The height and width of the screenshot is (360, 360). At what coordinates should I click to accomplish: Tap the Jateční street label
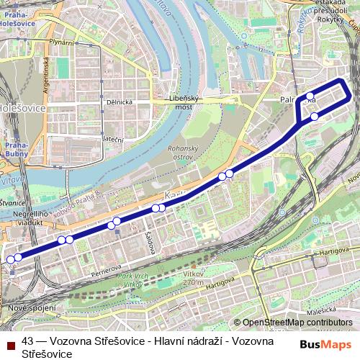pos(113,138)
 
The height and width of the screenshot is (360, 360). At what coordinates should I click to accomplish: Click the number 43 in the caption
pos(28,342)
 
